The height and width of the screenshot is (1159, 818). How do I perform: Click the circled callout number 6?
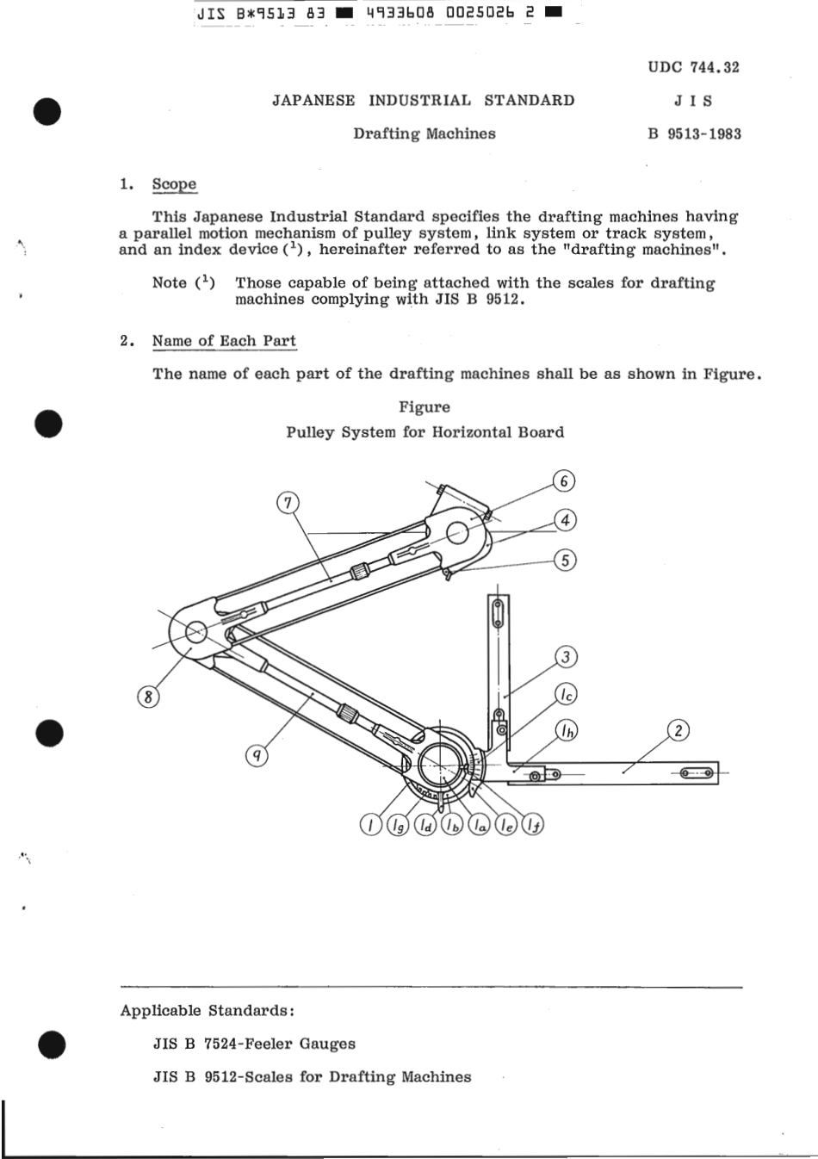click(563, 481)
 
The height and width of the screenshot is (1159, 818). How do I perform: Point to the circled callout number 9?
click(257, 756)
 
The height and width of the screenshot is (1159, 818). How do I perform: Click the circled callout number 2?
click(679, 731)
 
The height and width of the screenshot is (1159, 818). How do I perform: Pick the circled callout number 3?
click(566, 658)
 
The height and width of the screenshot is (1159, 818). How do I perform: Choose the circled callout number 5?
click(565, 561)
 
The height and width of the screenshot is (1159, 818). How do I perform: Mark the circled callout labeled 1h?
click(566, 731)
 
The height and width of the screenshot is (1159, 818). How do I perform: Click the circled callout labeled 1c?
click(566, 694)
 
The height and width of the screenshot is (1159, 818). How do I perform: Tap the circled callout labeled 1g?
click(397, 826)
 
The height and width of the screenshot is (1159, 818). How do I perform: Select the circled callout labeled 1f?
click(533, 826)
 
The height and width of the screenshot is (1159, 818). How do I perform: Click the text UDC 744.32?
click(693, 67)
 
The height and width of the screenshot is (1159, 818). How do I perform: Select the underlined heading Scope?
click(174, 184)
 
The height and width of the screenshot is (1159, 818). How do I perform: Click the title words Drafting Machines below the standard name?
click(424, 133)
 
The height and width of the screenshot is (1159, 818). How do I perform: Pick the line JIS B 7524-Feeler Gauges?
click(254, 1044)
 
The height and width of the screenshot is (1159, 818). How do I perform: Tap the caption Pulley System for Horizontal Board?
click(424, 432)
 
